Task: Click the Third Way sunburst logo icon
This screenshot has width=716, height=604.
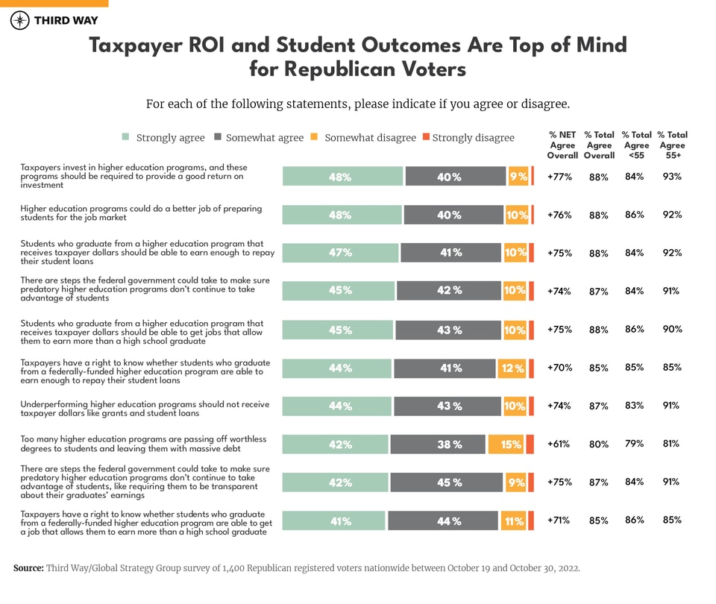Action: pyautogui.click(x=20, y=20)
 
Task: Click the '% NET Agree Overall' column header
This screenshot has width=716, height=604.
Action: pyautogui.click(x=562, y=145)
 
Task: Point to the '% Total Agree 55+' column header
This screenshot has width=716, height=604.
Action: pyautogui.click(x=672, y=145)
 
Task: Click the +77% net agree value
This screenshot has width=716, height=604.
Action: pyautogui.click(x=559, y=177)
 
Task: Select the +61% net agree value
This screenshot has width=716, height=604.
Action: pyautogui.click(x=559, y=444)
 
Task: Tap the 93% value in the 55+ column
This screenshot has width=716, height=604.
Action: pyautogui.click(x=672, y=176)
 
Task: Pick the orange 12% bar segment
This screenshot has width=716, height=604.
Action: pyautogui.click(x=512, y=368)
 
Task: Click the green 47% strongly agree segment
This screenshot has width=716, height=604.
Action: pyautogui.click(x=340, y=253)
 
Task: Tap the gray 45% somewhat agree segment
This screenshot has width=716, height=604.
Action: pyautogui.click(x=445, y=482)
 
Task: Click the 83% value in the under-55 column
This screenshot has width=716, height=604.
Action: pyautogui.click(x=635, y=405)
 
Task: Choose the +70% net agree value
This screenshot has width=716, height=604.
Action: pyautogui.click(x=559, y=368)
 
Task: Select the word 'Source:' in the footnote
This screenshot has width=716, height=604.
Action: pyautogui.click(x=28, y=568)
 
